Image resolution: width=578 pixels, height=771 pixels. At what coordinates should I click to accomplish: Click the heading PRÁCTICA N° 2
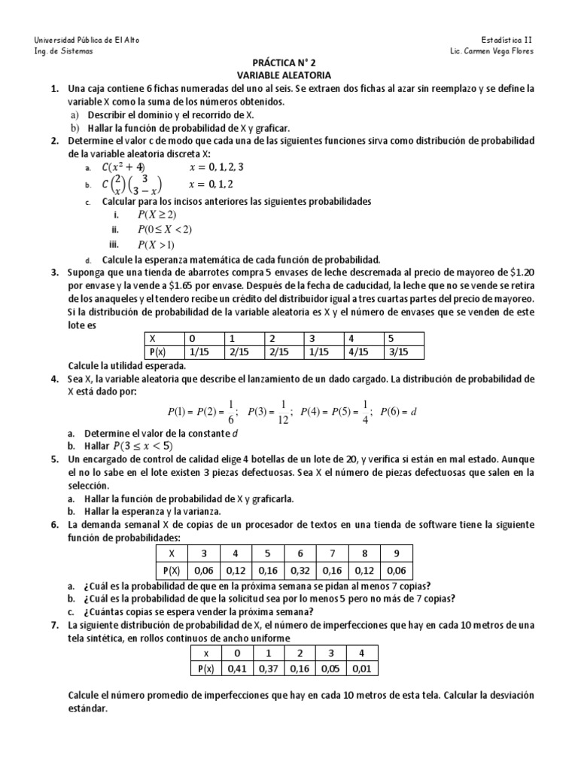pyautogui.click(x=289, y=63)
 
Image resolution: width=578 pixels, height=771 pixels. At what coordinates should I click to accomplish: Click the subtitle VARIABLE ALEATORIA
pyautogui.click(x=289, y=75)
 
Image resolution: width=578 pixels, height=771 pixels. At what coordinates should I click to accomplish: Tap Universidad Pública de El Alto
pyautogui.click(x=87, y=39)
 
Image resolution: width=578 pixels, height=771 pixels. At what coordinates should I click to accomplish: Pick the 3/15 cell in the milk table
pyautogui.click(x=396, y=352)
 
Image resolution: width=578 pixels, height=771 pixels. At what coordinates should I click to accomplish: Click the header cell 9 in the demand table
pyautogui.click(x=397, y=552)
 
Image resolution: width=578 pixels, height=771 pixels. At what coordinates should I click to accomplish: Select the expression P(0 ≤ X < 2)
pyautogui.click(x=164, y=230)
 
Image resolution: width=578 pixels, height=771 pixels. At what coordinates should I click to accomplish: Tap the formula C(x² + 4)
pyautogui.click(x=127, y=167)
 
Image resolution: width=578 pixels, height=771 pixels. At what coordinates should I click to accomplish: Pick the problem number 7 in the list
pyautogui.click(x=54, y=625)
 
